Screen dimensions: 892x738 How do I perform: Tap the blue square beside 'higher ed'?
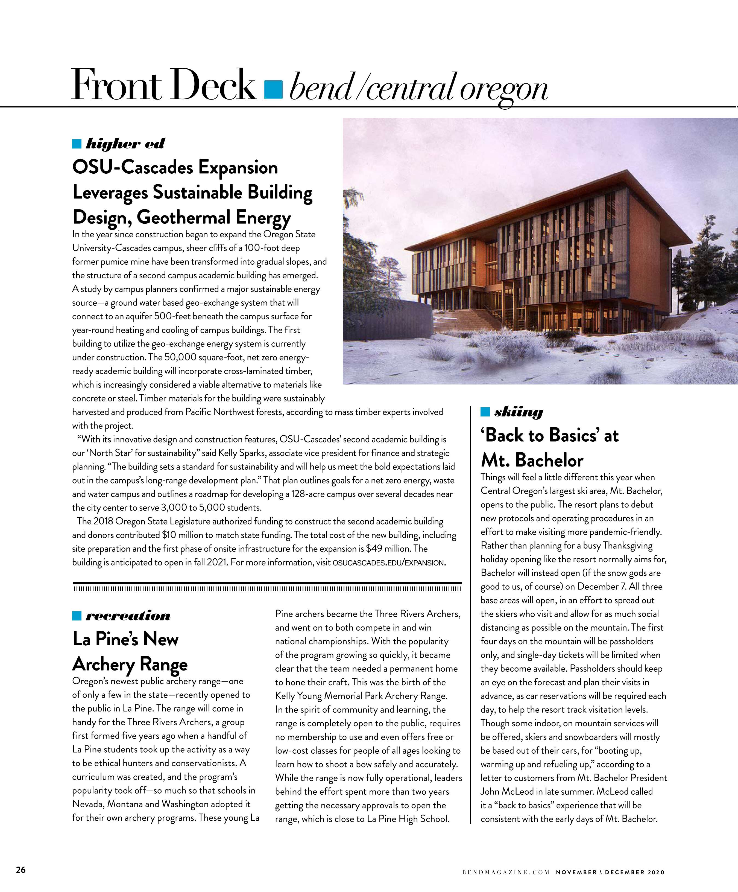[77, 144]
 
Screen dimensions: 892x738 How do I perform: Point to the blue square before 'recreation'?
[77, 616]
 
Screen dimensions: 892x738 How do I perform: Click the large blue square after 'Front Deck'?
[273, 89]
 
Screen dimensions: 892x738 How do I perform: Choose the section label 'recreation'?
[128, 616]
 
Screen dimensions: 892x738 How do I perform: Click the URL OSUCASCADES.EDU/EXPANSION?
[388, 563]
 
